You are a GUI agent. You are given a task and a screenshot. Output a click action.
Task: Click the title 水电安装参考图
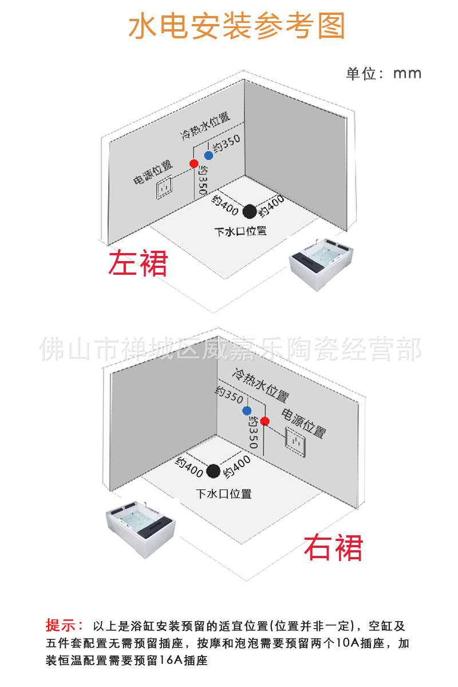point(237,26)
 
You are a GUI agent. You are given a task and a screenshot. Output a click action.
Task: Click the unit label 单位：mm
point(384,74)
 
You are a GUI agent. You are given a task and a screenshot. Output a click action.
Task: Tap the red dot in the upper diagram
point(194,164)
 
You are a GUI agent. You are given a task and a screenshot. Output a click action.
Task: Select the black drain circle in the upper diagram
point(249,211)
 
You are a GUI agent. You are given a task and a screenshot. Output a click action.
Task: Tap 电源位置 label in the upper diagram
point(153,172)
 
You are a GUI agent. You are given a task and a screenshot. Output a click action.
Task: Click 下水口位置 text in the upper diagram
point(240,232)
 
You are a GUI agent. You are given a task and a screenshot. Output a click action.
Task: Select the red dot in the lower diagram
point(264,421)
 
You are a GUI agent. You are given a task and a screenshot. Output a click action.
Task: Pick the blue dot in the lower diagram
point(247,410)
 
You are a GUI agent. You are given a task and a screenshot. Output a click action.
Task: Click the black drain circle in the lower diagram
point(213,471)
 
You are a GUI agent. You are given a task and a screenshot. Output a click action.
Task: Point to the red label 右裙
point(333,548)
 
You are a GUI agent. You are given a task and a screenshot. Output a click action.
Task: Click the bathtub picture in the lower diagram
point(139,528)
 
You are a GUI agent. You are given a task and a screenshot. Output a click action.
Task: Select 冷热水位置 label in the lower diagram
point(259,385)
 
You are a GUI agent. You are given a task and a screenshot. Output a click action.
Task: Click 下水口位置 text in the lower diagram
point(223,493)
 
